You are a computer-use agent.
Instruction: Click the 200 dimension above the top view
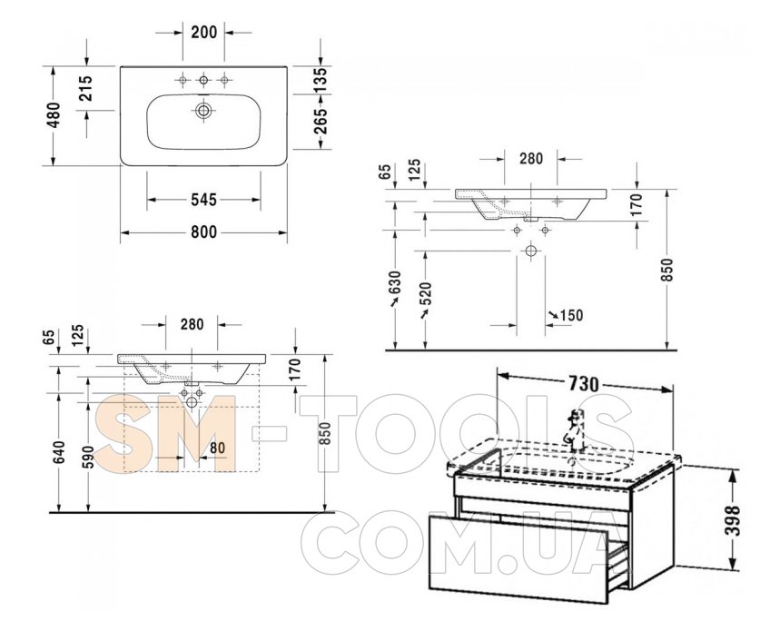point(203,33)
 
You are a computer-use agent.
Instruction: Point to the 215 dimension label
point(85,88)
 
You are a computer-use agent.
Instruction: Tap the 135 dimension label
point(320,79)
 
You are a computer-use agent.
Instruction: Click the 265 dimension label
point(320,121)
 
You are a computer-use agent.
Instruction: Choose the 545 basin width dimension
point(203,200)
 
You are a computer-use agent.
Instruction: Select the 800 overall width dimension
point(203,232)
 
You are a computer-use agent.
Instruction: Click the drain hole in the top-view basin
point(203,110)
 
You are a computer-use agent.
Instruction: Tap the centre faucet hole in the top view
point(203,80)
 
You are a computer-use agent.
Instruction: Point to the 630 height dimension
point(396,285)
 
